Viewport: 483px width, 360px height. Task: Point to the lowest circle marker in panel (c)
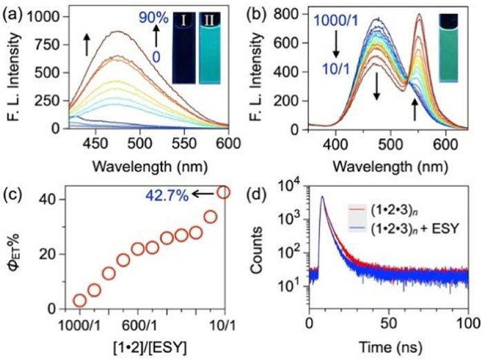(x=80, y=300)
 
